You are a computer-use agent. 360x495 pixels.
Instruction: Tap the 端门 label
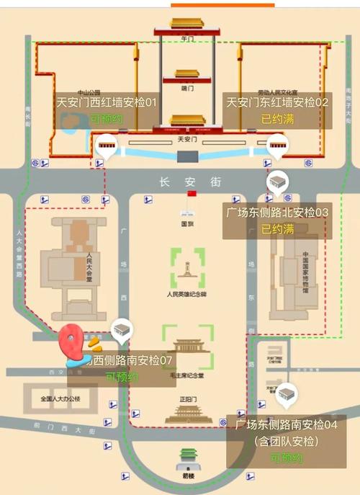(186, 88)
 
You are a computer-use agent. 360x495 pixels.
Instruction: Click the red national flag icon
(191, 195)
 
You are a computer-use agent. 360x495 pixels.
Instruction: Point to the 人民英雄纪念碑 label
(186, 295)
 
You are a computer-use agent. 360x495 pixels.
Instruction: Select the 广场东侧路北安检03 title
(277, 213)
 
